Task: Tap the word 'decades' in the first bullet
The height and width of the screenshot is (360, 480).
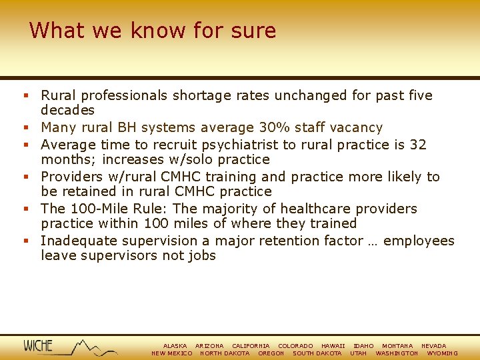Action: [67, 110]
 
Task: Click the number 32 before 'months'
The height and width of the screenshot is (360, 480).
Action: [418, 145]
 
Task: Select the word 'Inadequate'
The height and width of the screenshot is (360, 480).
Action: [76, 241]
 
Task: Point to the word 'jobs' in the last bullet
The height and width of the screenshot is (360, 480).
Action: [202, 255]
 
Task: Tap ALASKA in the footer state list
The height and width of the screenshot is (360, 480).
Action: [175, 346]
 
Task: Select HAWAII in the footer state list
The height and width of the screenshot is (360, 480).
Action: [333, 346]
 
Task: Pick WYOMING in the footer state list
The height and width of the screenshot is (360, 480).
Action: [442, 353]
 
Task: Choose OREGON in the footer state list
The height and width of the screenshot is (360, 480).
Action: [271, 353]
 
